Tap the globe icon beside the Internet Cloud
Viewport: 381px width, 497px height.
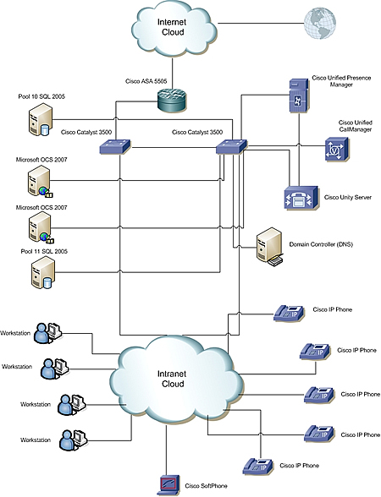tap(320, 24)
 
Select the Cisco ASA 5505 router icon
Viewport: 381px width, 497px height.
tap(171, 99)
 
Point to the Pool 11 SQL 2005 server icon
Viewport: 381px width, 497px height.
tap(42, 272)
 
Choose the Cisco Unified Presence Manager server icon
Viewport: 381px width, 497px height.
tap(299, 96)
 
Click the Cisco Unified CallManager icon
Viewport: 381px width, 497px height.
tap(337, 149)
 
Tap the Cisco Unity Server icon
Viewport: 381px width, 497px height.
tap(301, 197)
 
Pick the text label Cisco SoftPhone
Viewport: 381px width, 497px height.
tap(206, 485)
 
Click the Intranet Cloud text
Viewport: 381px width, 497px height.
tap(172, 379)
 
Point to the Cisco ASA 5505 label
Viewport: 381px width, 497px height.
tap(146, 81)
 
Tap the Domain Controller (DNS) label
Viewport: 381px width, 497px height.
tap(321, 244)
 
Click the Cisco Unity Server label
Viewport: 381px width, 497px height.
tap(348, 197)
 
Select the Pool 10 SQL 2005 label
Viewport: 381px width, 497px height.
tap(41, 96)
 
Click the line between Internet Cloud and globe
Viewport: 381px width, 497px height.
tap(261, 23)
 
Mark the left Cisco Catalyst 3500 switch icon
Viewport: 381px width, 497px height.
tap(115, 147)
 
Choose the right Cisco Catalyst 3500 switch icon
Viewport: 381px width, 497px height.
tap(232, 147)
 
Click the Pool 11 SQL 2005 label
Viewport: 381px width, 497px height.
tap(44, 251)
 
